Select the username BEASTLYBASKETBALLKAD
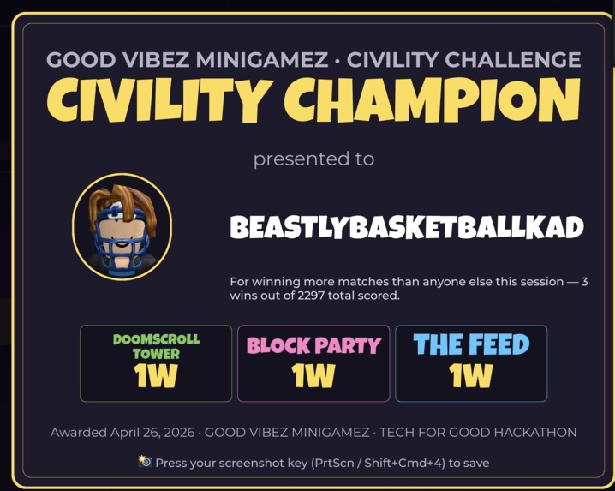[407, 228]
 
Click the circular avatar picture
[122, 226]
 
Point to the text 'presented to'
[313, 159]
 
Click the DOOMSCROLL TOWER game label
[156, 345]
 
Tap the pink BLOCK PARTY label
[313, 345]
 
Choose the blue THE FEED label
[471, 344]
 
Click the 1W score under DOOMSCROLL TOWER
[156, 375]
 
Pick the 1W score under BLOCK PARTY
[313, 375]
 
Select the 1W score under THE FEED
[471, 375]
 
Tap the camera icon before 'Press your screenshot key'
[145, 461]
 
